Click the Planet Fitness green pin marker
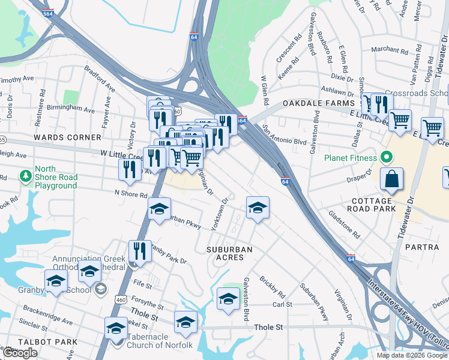[x=387, y=158]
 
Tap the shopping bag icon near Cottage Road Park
[x=391, y=179]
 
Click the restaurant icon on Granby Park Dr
[x=140, y=251]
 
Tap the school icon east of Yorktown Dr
[x=258, y=208]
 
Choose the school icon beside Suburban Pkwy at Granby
[x=160, y=209]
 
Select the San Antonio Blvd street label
[x=283, y=137]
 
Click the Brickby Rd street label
[x=272, y=287]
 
